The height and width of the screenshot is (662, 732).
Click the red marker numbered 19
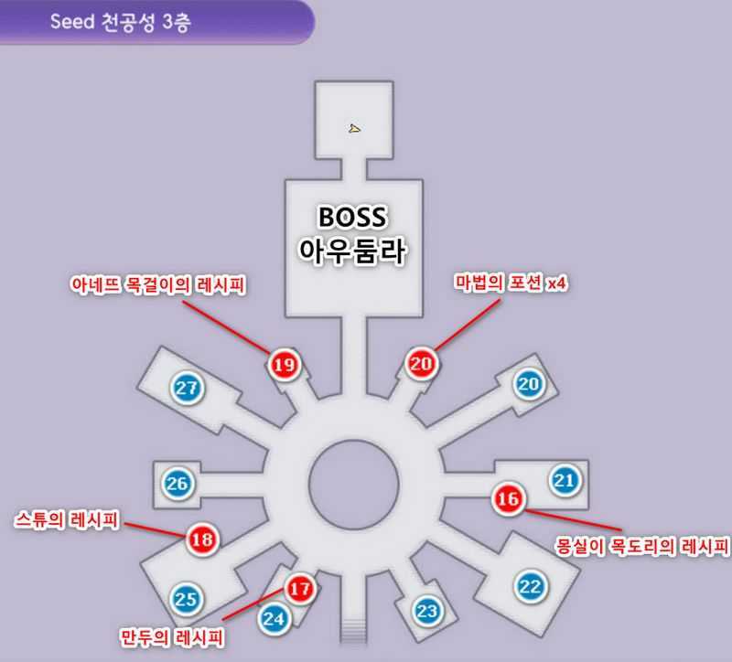click(284, 365)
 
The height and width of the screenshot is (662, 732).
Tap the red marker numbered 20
click(422, 363)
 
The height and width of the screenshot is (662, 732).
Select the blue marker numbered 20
click(528, 384)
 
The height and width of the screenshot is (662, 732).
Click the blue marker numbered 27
click(188, 389)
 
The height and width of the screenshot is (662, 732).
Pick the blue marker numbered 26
click(178, 482)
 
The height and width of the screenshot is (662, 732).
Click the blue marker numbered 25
click(186, 600)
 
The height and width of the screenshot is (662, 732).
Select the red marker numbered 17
click(300, 589)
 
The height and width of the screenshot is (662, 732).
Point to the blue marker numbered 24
click(274, 618)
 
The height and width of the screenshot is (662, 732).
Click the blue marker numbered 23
click(427, 610)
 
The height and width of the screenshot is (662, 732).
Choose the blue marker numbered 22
click(530, 586)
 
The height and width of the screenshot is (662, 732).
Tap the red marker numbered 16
click(508, 499)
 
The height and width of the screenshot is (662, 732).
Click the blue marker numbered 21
click(565, 479)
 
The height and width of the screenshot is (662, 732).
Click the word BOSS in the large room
click(352, 218)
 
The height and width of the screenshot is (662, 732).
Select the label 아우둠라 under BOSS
click(352, 251)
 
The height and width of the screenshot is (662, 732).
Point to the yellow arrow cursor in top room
click(354, 128)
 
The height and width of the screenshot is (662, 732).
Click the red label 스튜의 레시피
click(68, 519)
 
